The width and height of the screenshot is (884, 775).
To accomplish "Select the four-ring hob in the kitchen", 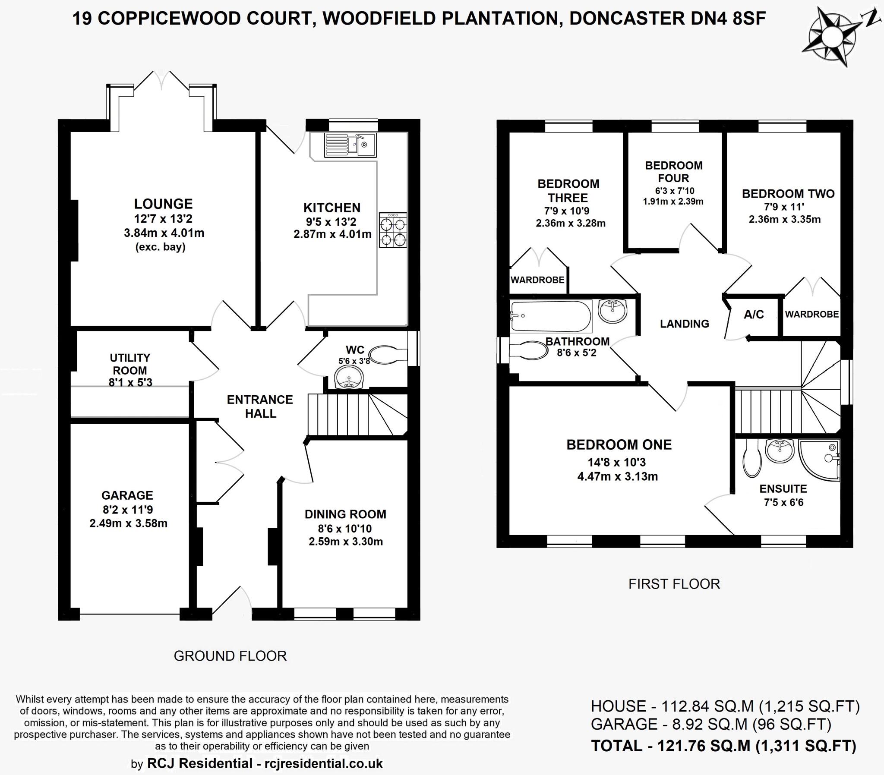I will pyautogui.click(x=393, y=230).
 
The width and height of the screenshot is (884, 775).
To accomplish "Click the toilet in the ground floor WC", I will pyautogui.click(x=387, y=354).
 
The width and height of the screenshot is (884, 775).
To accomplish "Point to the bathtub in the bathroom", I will pyautogui.click(x=550, y=316).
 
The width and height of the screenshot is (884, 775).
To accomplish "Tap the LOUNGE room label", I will pyautogui.click(x=163, y=204).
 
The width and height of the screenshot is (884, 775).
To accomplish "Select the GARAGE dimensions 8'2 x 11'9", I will pyautogui.click(x=128, y=510).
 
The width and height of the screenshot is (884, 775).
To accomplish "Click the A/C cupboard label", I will pyautogui.click(x=754, y=315).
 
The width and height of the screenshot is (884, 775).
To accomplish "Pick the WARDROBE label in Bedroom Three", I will pyautogui.click(x=537, y=280).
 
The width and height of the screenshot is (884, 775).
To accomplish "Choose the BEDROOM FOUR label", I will pyautogui.click(x=673, y=172).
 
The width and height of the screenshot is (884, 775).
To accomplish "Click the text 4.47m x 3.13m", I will pyautogui.click(x=617, y=476).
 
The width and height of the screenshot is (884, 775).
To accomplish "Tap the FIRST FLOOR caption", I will pyautogui.click(x=674, y=584).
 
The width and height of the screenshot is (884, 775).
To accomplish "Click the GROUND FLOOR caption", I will pyautogui.click(x=230, y=655).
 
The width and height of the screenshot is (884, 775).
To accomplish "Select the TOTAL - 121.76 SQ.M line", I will pyautogui.click(x=723, y=746).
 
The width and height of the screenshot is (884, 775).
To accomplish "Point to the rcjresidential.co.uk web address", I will pyautogui.click(x=323, y=763).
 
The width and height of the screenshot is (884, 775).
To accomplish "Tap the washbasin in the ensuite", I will pyautogui.click(x=780, y=451).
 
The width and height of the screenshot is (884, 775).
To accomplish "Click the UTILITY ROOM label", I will pyautogui.click(x=130, y=364).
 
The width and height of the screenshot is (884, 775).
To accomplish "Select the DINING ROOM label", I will pyautogui.click(x=345, y=514).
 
